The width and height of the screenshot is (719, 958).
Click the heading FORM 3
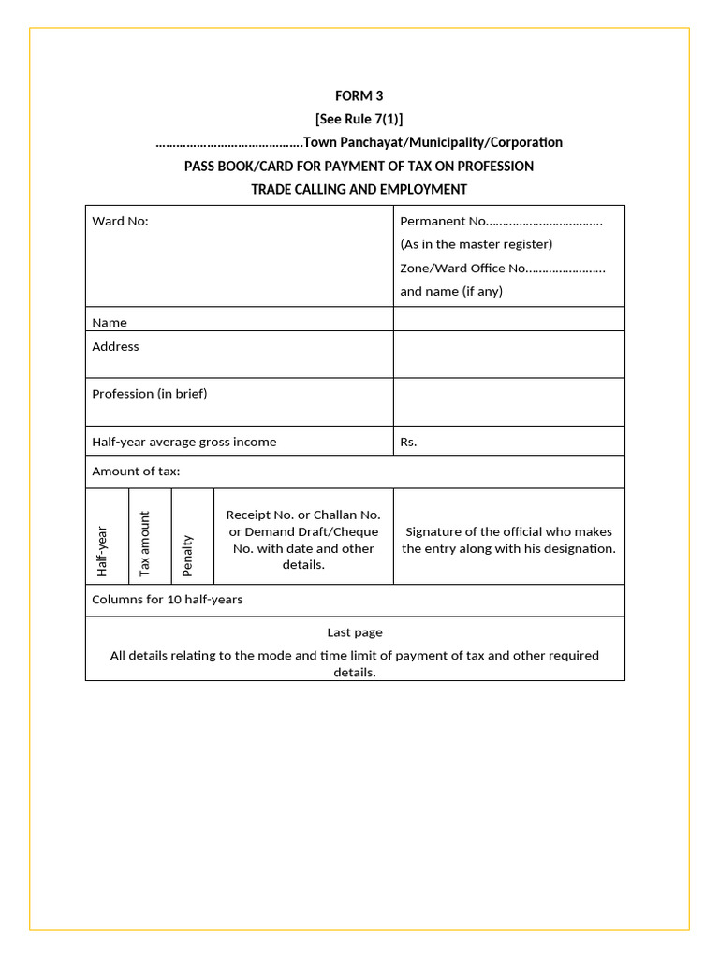[x=359, y=95]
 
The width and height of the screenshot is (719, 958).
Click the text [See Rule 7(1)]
[x=359, y=119]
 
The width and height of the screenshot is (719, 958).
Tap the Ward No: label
[x=120, y=222]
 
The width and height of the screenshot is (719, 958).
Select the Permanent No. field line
[x=501, y=222]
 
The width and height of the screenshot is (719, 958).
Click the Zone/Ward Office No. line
[x=503, y=269]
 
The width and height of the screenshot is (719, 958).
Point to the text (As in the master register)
[x=477, y=244]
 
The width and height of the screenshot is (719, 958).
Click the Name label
[x=110, y=323]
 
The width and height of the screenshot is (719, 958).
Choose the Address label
[x=115, y=347]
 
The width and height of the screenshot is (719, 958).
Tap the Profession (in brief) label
[x=150, y=394]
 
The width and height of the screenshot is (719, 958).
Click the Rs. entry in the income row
[x=408, y=443]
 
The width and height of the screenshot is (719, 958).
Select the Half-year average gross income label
[x=184, y=443]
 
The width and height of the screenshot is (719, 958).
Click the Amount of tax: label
[x=136, y=472]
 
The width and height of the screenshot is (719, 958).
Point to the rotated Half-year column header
[x=102, y=551]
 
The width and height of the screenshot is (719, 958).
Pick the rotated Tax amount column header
[x=144, y=544]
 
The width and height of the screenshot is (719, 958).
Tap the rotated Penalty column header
[x=187, y=555]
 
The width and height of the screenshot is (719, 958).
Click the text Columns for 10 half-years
[x=167, y=600]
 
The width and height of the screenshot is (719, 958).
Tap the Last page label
[x=355, y=632]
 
